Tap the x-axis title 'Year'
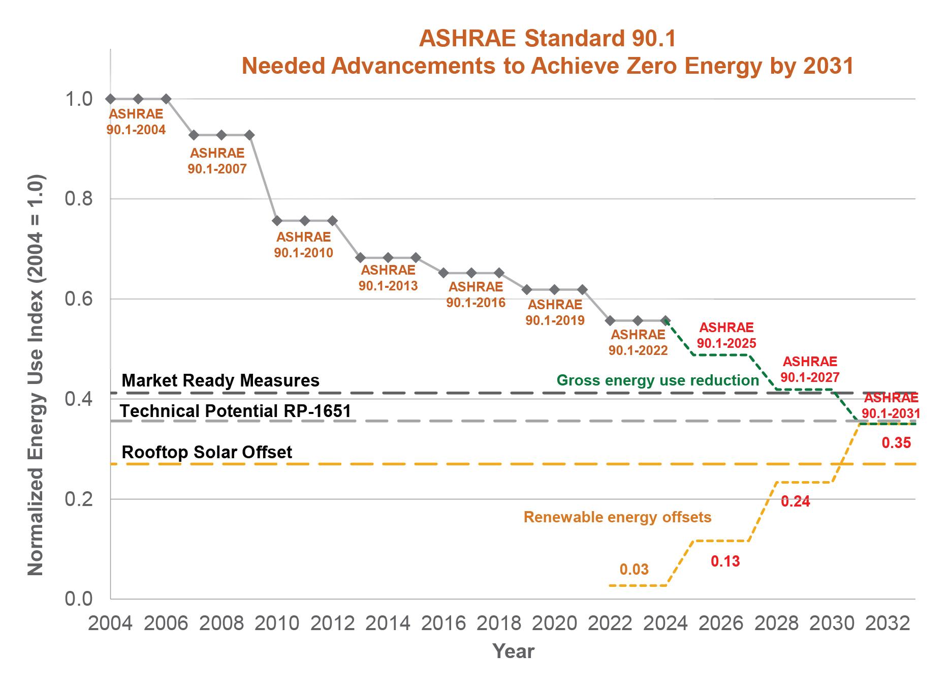tap(513, 651)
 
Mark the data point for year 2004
tap(111, 99)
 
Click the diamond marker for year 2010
tap(277, 221)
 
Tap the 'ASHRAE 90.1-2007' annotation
tap(217, 161)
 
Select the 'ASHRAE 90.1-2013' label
tap(388, 277)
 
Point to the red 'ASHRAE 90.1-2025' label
tap(726, 335)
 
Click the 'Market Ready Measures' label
tap(220, 380)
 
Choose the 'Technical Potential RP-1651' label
tap(236, 411)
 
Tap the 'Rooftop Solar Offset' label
tap(207, 452)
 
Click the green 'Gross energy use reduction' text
tap(657, 380)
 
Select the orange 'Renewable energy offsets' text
tap(617, 517)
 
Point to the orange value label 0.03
tap(634, 569)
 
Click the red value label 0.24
tap(795, 501)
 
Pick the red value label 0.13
tap(725, 561)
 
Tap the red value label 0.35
tap(896, 443)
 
